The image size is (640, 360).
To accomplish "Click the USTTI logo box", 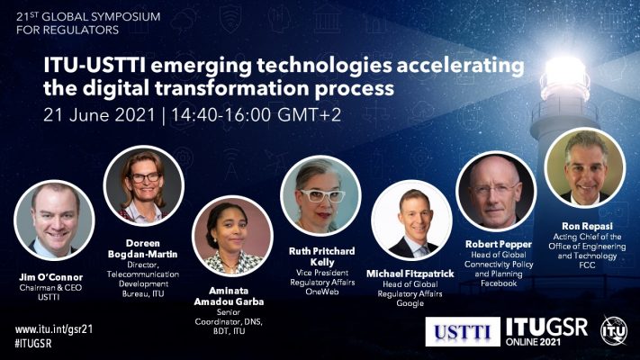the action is pyautogui.click(x=463, y=331).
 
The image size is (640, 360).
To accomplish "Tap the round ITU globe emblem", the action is pyautogui.click(x=614, y=330).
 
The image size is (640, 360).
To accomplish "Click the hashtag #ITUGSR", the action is pyautogui.click(x=33, y=343).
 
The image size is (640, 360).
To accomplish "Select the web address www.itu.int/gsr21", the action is pyautogui.click(x=54, y=329).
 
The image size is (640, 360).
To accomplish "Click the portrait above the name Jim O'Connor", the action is pyautogui.click(x=54, y=220).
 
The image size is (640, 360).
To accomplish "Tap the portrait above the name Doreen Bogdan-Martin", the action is pyautogui.click(x=144, y=186).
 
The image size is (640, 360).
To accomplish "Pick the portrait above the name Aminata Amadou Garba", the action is pyautogui.click(x=232, y=236).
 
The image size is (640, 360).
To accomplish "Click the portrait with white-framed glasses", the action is pyautogui.click(x=320, y=195).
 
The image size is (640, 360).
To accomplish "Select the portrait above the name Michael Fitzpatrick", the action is pyautogui.click(x=412, y=220).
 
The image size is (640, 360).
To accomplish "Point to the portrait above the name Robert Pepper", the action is pyautogui.click(x=496, y=191).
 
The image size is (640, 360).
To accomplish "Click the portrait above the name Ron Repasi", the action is pyautogui.click(x=585, y=167).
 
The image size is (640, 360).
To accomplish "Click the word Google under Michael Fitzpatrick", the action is pyautogui.click(x=410, y=303).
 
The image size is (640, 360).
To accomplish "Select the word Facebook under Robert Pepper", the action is pyautogui.click(x=499, y=283).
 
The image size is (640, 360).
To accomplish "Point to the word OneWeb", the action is pyautogui.click(x=322, y=292).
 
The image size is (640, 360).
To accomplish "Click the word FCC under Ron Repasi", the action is pyautogui.click(x=587, y=265).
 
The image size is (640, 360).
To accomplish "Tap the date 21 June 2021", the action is pyautogui.click(x=99, y=115).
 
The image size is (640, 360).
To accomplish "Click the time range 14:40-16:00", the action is pyautogui.click(x=221, y=115).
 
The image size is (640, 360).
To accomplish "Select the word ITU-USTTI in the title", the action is pyautogui.click(x=95, y=66).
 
